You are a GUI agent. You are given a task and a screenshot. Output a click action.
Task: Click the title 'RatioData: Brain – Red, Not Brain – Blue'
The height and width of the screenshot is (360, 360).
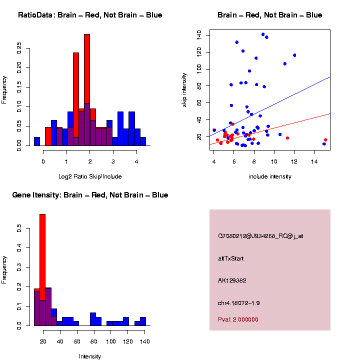[90, 15]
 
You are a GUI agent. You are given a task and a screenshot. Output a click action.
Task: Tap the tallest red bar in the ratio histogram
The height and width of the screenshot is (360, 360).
[87, 90]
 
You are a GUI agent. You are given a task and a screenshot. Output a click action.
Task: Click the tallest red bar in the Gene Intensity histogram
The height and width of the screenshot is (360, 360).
[42, 270]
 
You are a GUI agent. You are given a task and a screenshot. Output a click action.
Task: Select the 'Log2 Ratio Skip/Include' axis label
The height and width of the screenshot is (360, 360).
[90, 176]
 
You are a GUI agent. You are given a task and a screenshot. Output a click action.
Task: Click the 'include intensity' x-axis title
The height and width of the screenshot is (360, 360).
[270, 176]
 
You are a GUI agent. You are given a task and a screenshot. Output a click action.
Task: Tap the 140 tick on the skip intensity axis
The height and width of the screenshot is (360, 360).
[199, 34]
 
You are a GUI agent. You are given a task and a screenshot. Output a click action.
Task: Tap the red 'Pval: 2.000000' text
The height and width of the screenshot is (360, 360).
[238, 319]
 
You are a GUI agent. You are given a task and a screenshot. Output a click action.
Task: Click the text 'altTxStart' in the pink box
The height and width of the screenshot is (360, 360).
[231, 258]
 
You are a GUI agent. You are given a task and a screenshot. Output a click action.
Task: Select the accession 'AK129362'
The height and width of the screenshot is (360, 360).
[233, 280]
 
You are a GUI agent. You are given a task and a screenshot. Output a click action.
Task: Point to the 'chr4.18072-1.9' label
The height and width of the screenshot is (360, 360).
[239, 303]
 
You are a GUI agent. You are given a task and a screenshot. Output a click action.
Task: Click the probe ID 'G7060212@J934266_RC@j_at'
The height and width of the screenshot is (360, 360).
[260, 236]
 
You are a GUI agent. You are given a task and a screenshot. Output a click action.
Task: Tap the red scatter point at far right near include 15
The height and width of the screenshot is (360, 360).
[325, 140]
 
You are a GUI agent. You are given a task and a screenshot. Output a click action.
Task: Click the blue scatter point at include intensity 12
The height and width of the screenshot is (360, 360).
[294, 55]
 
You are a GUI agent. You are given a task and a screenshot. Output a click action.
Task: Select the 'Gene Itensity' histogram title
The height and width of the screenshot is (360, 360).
[90, 195]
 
